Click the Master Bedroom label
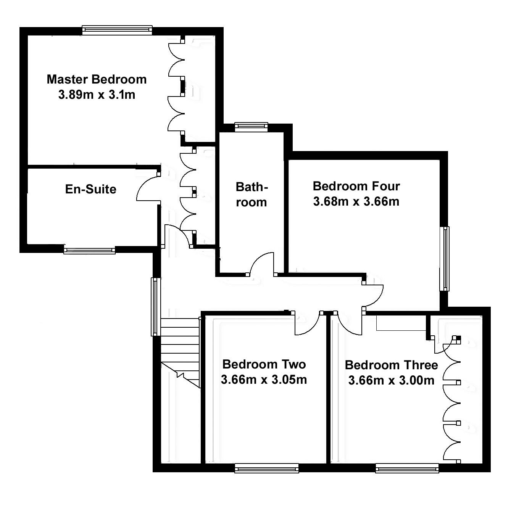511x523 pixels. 97,79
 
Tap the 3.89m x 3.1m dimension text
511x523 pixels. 97,95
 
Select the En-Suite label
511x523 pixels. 90,189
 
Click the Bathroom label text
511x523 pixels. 251,195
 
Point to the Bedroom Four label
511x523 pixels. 356,186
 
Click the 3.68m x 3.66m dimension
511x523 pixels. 356,201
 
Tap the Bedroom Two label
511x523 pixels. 264,364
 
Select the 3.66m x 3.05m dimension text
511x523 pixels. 264,380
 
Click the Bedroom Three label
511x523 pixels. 391,365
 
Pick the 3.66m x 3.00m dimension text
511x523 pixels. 391,380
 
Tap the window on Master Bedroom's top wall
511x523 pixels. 117,30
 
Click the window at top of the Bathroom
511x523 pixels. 251,127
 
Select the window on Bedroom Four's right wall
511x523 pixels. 445,259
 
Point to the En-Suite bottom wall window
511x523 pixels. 89,251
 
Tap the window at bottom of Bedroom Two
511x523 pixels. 266,468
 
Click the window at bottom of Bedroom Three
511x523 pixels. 407,468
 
